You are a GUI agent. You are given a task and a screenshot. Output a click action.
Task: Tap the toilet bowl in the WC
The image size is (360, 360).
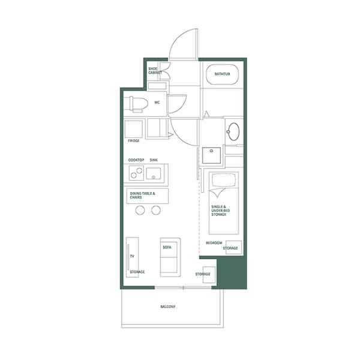136,104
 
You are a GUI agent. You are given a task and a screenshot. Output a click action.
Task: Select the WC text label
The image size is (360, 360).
157,103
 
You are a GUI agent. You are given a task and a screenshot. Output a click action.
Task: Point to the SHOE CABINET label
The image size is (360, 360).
155,71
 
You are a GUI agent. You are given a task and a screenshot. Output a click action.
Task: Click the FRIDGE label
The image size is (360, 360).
133,141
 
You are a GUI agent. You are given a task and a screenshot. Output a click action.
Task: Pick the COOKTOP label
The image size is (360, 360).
136,160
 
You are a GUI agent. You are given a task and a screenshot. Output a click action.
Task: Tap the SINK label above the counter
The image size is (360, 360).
154,160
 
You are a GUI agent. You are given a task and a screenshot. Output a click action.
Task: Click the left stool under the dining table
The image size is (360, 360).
141,210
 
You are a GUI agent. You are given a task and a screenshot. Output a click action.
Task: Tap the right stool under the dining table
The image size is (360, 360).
156,210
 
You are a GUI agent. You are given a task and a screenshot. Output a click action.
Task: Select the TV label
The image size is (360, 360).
131,256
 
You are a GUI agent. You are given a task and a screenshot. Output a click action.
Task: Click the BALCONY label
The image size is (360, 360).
168,307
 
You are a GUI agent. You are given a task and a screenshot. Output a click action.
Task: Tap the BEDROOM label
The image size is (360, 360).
214,243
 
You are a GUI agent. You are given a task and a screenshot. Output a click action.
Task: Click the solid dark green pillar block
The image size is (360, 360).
231,273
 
